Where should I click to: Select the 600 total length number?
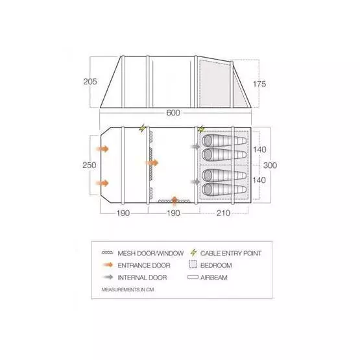point(173,113)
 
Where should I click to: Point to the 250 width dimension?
point(90,165)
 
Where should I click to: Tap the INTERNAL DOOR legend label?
point(141,277)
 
